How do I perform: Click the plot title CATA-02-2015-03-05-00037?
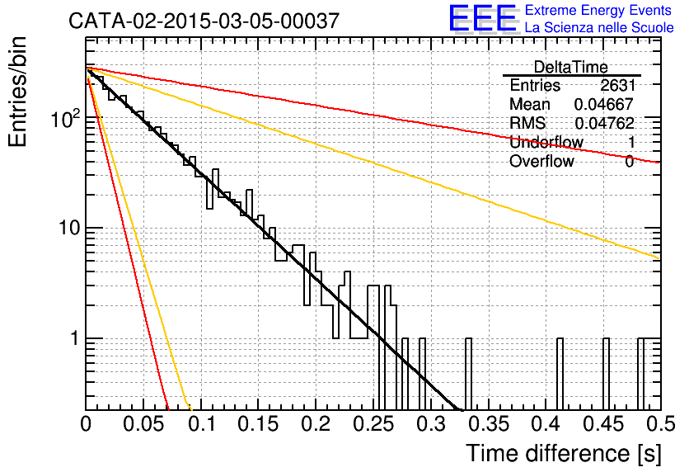(x=204, y=21)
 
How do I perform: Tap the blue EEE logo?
(x=483, y=18)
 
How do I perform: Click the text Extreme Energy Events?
(x=598, y=10)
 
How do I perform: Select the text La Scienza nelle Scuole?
(x=599, y=27)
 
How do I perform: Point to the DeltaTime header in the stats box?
(x=571, y=67)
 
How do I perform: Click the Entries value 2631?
(x=618, y=85)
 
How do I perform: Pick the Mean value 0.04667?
(x=604, y=104)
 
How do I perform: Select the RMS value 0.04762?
(x=604, y=123)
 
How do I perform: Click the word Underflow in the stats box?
(x=546, y=142)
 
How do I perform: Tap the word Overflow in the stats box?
(x=541, y=161)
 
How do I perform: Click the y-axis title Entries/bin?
(x=17, y=92)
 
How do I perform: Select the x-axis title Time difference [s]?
(x=564, y=453)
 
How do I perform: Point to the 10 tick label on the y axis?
(x=68, y=228)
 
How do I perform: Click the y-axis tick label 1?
(x=74, y=338)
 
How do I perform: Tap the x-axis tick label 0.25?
(x=373, y=424)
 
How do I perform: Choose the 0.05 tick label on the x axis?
(x=143, y=424)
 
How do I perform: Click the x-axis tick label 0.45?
(x=603, y=424)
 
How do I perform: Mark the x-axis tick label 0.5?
(x=660, y=424)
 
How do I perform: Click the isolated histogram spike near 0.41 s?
(x=560, y=374)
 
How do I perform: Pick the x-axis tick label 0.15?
(x=259, y=424)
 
